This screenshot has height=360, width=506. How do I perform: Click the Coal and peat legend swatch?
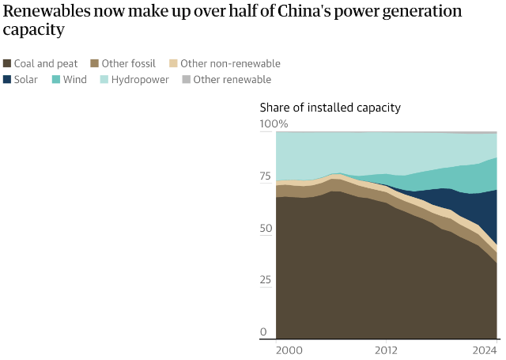(8, 63)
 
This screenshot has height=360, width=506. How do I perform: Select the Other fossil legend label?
(127, 63)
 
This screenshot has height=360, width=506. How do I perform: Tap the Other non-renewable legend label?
(230, 63)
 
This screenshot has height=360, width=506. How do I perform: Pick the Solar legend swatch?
(8, 79)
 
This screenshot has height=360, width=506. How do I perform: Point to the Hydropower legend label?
(140, 79)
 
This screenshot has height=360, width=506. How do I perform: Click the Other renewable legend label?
(232, 79)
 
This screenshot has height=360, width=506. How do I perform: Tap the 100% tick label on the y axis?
(274, 124)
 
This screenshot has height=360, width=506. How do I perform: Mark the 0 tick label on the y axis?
(264, 332)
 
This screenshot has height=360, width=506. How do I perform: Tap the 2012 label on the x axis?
(386, 350)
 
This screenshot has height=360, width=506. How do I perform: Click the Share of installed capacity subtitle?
(330, 107)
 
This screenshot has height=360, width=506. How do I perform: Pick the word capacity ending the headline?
(33, 30)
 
